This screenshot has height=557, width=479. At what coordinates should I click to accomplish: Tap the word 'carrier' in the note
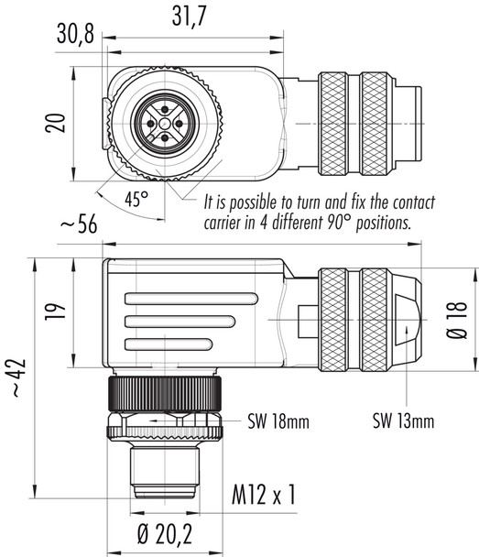point(224,223)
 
